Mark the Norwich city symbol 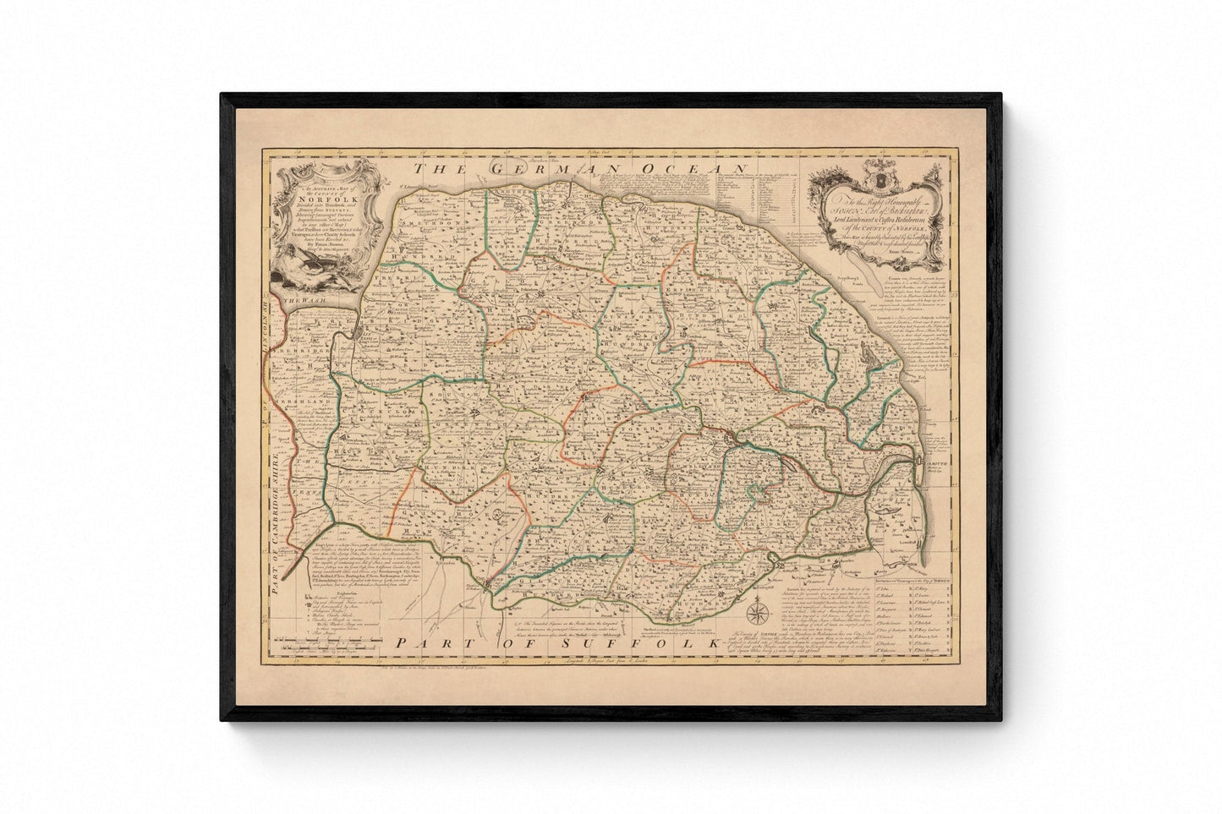734,436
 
